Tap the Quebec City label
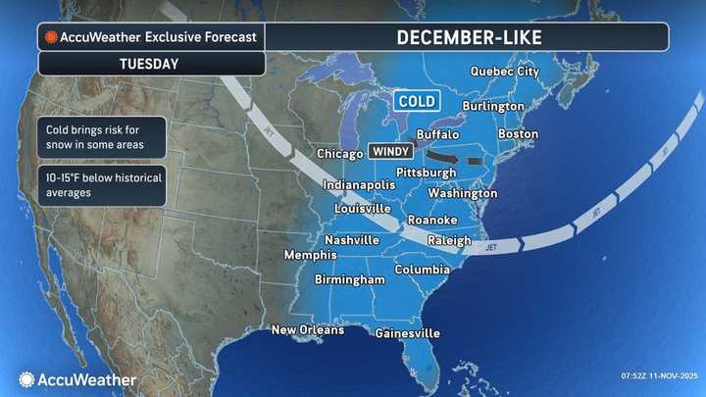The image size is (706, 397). (x=505, y=71)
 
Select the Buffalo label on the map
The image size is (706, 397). (x=437, y=132)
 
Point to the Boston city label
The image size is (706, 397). (x=519, y=133)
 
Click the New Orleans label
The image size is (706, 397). (x=308, y=329)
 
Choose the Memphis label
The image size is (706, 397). (x=310, y=255)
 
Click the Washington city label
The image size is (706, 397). (x=462, y=193)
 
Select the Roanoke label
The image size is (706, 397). (x=429, y=220)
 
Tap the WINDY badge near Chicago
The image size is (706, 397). (x=389, y=153)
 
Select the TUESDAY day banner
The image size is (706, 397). (x=151, y=64)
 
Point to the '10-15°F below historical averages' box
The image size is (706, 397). (x=103, y=185)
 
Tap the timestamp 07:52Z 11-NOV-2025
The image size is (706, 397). (x=658, y=376)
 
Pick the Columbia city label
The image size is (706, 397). (x=423, y=269)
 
